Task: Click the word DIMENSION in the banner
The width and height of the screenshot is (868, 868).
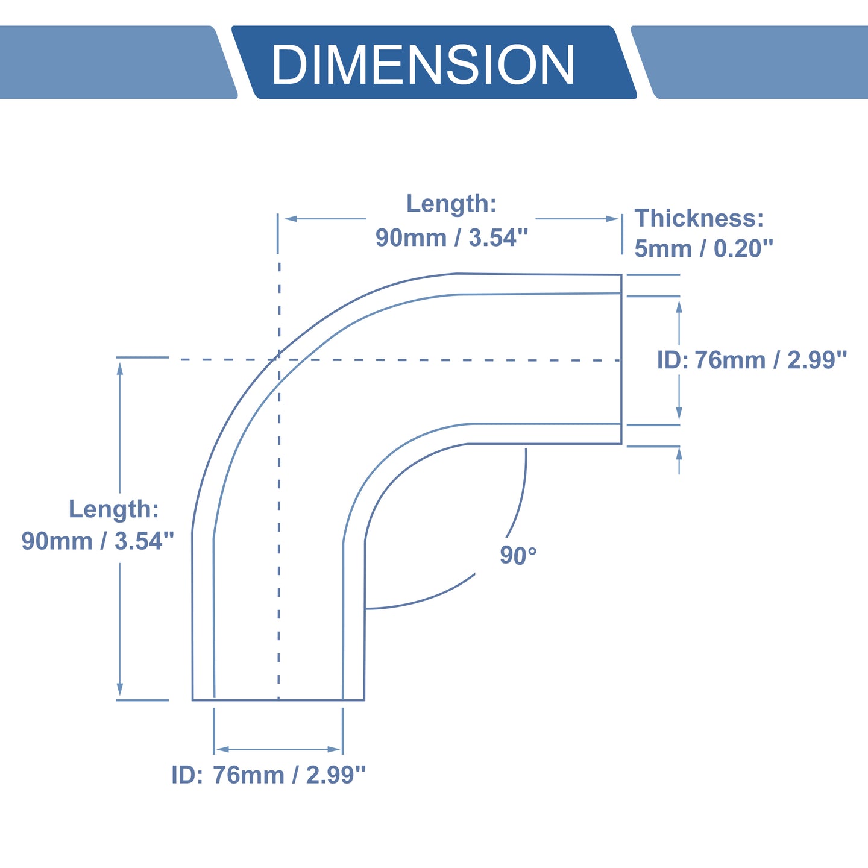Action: [x=423, y=64]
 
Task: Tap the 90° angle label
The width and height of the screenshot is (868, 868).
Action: [x=518, y=555]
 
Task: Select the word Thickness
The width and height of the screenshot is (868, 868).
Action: [x=694, y=218]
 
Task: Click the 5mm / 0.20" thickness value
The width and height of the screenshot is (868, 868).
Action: [x=703, y=248]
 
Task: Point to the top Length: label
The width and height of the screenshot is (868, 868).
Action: [x=451, y=204]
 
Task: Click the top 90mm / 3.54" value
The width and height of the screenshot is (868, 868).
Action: [x=452, y=238]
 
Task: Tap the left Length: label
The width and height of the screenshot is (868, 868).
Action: [x=114, y=509]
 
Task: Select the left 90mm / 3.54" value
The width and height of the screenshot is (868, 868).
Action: [x=98, y=541]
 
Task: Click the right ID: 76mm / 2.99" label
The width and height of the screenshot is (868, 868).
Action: [x=752, y=360]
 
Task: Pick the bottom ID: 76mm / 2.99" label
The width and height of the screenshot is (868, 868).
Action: [x=268, y=775]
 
